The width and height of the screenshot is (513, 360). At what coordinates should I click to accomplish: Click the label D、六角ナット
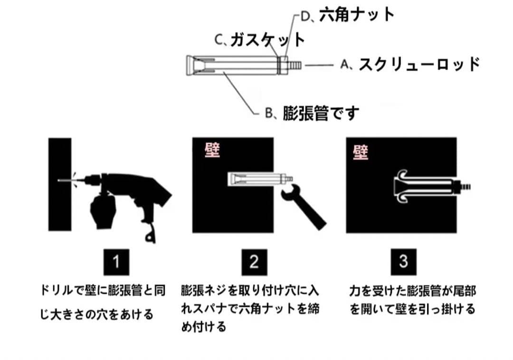(347, 15)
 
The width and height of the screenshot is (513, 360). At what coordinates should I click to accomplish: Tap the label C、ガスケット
(260, 40)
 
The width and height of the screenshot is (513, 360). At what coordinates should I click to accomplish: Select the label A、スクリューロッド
(410, 64)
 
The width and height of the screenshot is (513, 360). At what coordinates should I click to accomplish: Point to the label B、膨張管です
(312, 113)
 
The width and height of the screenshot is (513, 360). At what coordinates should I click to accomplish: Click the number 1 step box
(116, 262)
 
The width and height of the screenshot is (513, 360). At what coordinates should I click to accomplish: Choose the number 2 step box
(254, 262)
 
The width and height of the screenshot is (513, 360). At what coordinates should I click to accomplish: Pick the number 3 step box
(403, 262)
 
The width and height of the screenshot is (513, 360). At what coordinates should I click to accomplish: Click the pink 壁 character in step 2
(212, 151)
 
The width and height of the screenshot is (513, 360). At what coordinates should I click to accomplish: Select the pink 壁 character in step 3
(361, 152)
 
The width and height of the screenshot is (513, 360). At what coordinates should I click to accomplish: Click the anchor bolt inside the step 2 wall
(261, 179)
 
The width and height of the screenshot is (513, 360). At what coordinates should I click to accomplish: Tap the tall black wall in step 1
(60, 184)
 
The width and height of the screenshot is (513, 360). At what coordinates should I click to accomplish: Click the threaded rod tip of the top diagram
(294, 65)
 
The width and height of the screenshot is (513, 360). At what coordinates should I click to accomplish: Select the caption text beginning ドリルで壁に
(103, 302)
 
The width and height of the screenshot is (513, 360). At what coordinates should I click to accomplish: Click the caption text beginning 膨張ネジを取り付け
(250, 308)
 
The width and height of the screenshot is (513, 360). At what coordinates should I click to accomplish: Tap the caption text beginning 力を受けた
(413, 300)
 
